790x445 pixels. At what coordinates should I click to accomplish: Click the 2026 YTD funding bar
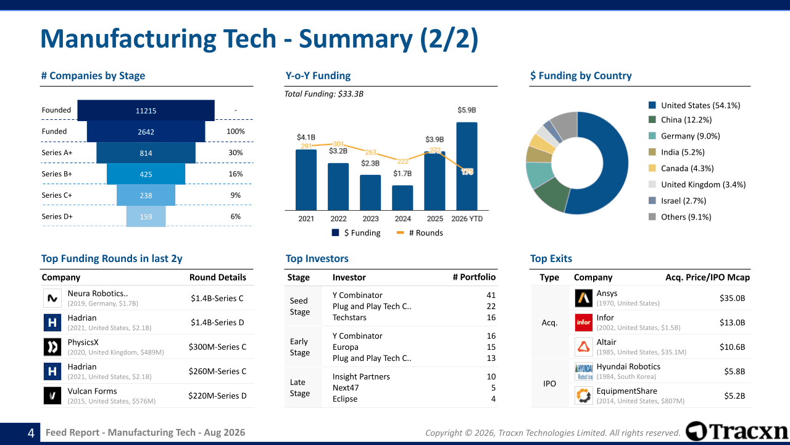click(x=467, y=166)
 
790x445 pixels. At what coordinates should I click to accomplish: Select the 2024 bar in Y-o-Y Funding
click(x=402, y=198)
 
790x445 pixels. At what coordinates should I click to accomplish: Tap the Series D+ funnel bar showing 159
click(x=146, y=216)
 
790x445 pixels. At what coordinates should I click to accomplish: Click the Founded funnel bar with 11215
click(x=146, y=111)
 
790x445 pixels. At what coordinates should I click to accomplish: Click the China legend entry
click(x=680, y=120)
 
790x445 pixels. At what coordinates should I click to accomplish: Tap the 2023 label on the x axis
click(x=370, y=219)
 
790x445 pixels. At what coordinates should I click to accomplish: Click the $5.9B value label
click(x=467, y=110)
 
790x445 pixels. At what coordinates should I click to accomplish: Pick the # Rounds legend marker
click(x=400, y=233)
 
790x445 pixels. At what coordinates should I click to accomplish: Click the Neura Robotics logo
click(x=52, y=298)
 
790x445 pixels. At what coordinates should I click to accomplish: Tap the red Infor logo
click(x=584, y=323)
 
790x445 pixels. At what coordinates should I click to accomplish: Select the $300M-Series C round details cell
click(x=217, y=347)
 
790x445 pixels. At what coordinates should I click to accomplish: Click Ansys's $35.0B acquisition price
click(x=732, y=298)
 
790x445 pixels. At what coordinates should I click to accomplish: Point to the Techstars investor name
click(x=349, y=318)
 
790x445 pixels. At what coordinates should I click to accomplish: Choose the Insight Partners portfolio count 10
click(x=491, y=376)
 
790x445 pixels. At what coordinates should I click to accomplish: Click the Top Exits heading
click(x=551, y=258)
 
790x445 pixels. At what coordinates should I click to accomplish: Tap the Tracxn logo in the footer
click(x=736, y=431)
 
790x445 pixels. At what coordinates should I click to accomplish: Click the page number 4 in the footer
click(x=31, y=433)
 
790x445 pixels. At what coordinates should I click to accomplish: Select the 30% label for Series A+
click(x=235, y=153)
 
